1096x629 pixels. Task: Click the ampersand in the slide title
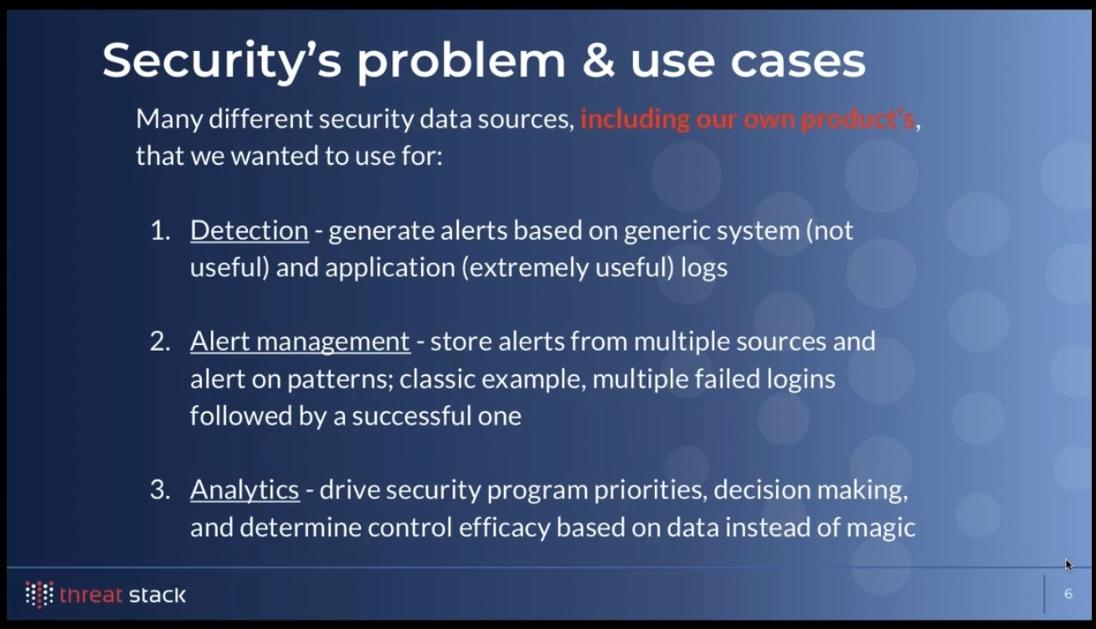tap(599, 60)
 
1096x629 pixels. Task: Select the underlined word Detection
tap(250, 230)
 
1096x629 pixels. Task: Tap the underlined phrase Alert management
tap(300, 341)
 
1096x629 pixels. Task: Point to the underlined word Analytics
tap(244, 491)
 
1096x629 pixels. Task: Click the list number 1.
tap(160, 230)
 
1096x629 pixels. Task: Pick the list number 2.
tap(160, 341)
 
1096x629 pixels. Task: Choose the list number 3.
tap(160, 490)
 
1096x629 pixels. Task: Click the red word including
tap(635, 120)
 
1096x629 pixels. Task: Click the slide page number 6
tap(1068, 594)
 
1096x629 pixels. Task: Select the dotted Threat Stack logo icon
tap(39, 595)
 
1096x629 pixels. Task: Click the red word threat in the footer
tap(90, 595)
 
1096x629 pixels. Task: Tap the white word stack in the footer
tap(157, 595)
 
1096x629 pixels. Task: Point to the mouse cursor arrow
tap(1068, 565)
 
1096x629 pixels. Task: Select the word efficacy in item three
tap(504, 528)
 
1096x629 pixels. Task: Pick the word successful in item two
tap(412, 416)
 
